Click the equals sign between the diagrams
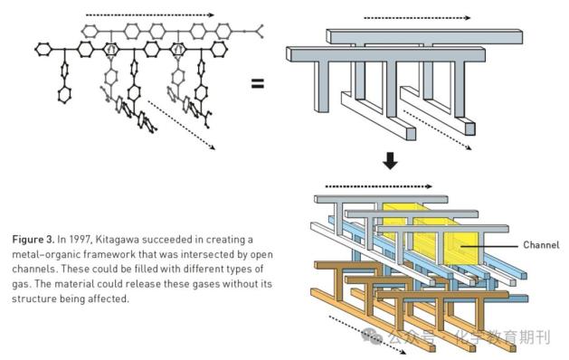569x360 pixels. [x=257, y=84]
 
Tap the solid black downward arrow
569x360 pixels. [x=390, y=161]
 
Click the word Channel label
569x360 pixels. [x=541, y=245]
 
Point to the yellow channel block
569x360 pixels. [x=430, y=234]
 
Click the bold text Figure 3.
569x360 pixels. [x=33, y=240]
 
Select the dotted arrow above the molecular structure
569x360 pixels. [x=150, y=14]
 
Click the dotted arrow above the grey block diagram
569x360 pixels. [x=417, y=18]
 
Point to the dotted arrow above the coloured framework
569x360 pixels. [x=378, y=186]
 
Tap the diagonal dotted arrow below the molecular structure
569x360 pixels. [x=182, y=125]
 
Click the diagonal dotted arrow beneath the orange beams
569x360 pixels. [x=367, y=335]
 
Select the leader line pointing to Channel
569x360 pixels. [x=489, y=246]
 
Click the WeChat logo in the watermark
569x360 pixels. [x=372, y=336]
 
